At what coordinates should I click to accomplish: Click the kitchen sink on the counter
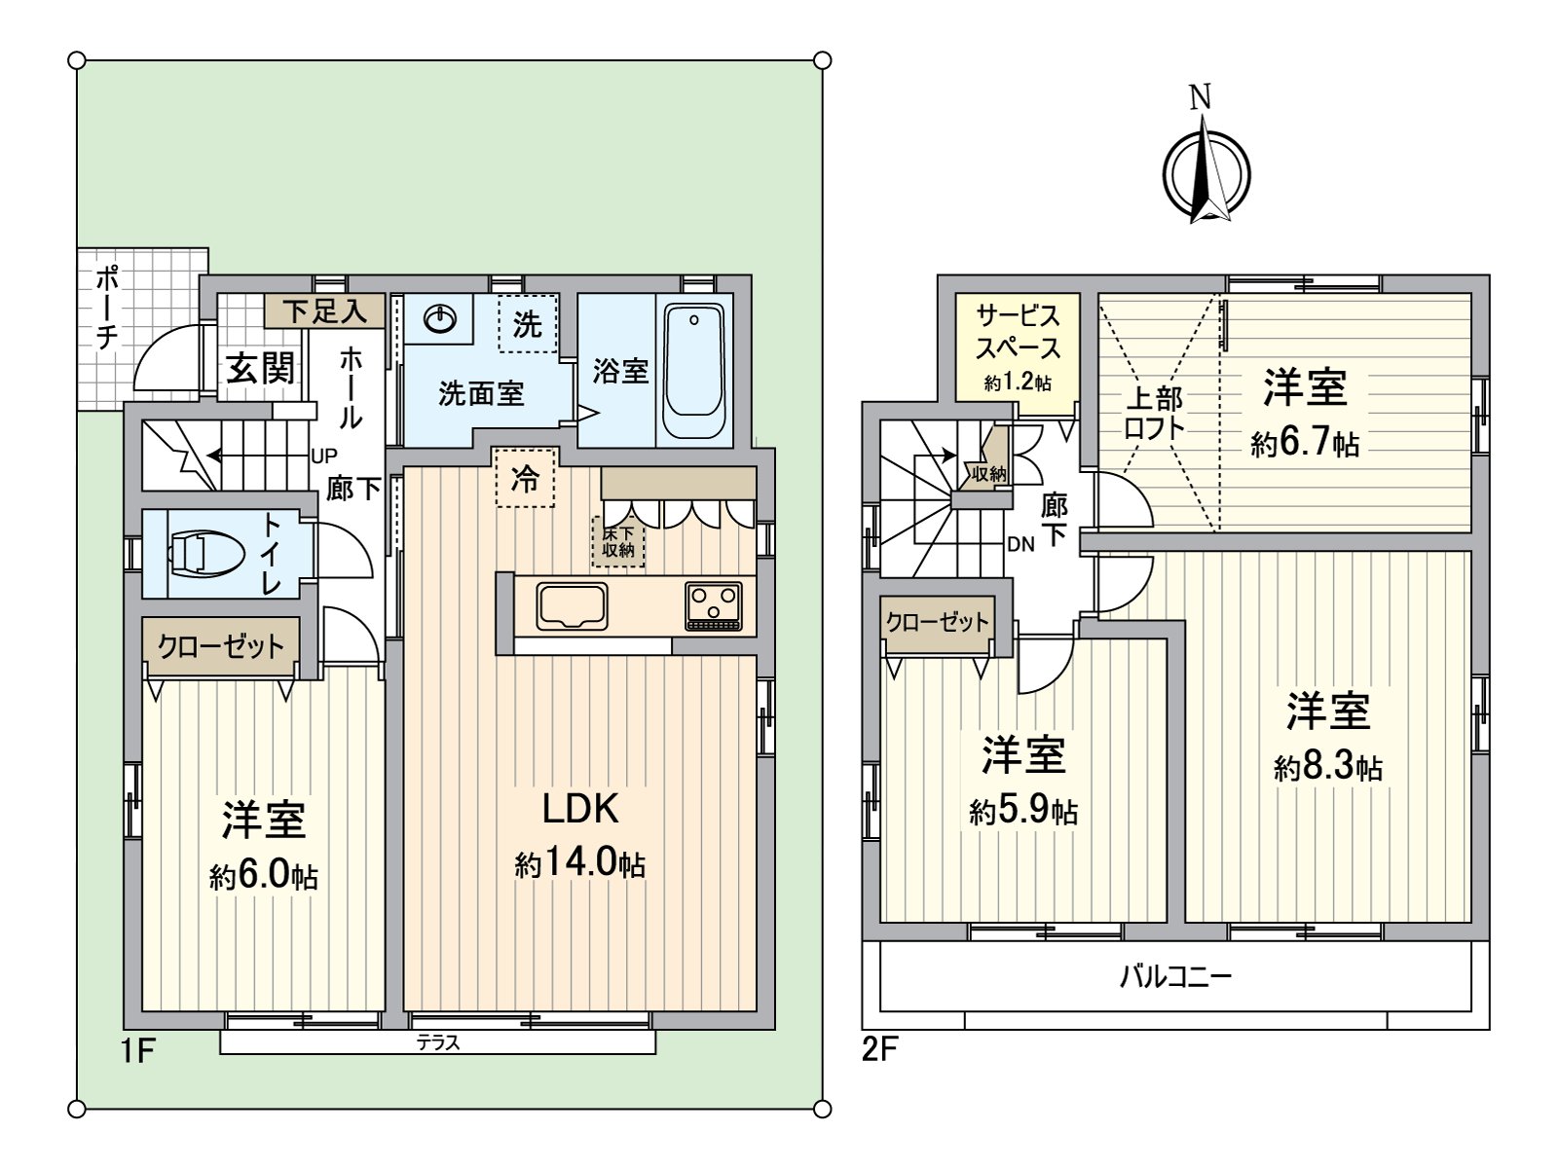pyautogui.click(x=572, y=606)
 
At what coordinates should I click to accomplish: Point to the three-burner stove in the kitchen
pyautogui.click(x=714, y=605)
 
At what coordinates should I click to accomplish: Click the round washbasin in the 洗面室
pyautogui.click(x=439, y=317)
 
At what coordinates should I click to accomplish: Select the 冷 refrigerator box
pyautogui.click(x=525, y=478)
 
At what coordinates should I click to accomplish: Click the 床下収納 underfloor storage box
pyautogui.click(x=617, y=542)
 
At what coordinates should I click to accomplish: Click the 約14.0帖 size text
pyautogui.click(x=579, y=862)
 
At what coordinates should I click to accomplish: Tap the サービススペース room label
pyautogui.click(x=1018, y=332)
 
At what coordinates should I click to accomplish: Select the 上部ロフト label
pyautogui.click(x=1155, y=413)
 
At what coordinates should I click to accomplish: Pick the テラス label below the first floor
pyautogui.click(x=438, y=1042)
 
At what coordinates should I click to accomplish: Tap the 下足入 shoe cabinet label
pyautogui.click(x=324, y=311)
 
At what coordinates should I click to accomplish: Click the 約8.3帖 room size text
pyautogui.click(x=1327, y=767)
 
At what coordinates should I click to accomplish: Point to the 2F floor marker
pyautogui.click(x=879, y=1051)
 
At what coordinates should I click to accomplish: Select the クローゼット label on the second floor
pyautogui.click(x=938, y=622)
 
